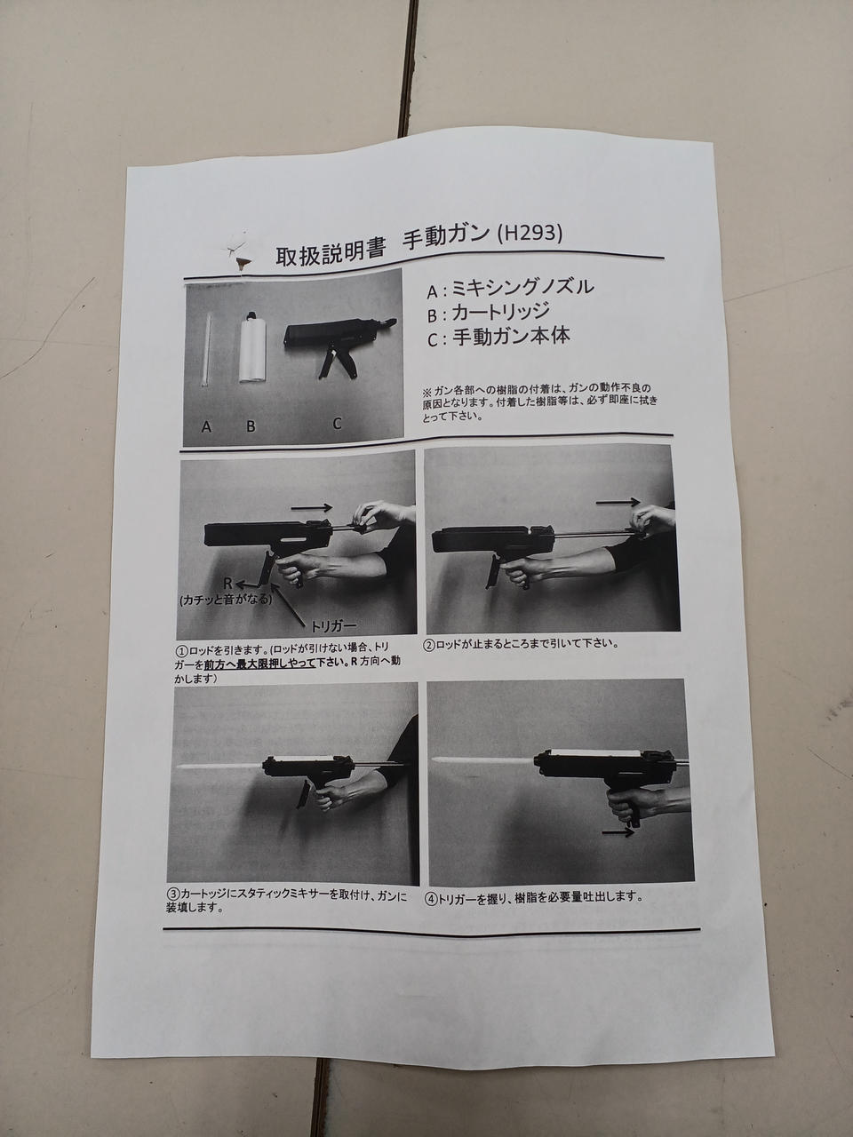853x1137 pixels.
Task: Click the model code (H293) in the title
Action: point(529,235)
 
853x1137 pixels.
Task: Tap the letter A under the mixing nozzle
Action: point(206,427)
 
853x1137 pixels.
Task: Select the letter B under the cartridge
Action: point(251,426)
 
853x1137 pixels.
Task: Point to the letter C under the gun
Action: point(337,424)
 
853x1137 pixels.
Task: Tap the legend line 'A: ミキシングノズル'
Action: point(511,288)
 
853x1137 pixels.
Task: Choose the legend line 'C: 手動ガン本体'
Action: point(499,337)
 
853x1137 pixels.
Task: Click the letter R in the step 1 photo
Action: point(227,584)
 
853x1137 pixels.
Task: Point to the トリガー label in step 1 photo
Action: point(333,625)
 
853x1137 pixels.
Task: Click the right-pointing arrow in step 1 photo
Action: point(311,507)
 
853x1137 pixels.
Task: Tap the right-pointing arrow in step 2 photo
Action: point(618,501)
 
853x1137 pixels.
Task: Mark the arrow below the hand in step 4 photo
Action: point(618,832)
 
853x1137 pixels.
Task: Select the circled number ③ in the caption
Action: point(173,894)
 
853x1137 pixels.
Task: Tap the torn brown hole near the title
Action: point(242,264)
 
